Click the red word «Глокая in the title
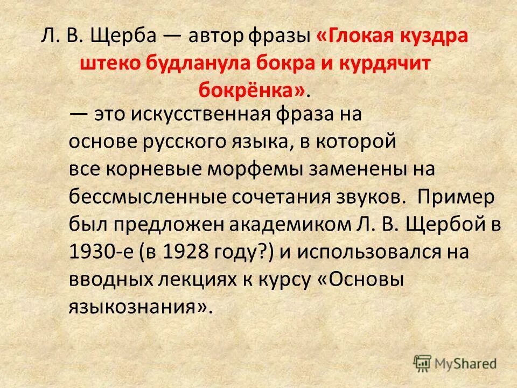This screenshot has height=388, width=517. pos(359,38)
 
